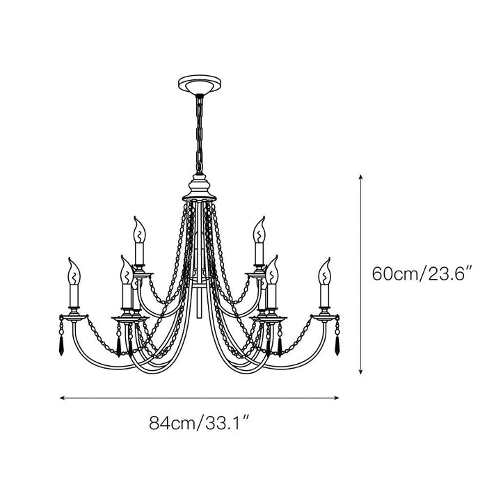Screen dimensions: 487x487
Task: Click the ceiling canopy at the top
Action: pyautogui.click(x=198, y=86)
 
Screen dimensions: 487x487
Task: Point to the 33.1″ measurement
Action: pyautogui.click(x=225, y=422)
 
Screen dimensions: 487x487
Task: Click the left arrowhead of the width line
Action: pyautogui.click(x=63, y=399)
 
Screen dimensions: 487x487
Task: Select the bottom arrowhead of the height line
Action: pyautogui.click(x=360, y=372)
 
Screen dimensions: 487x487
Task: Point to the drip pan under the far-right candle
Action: pyautogui.click(x=324, y=315)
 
